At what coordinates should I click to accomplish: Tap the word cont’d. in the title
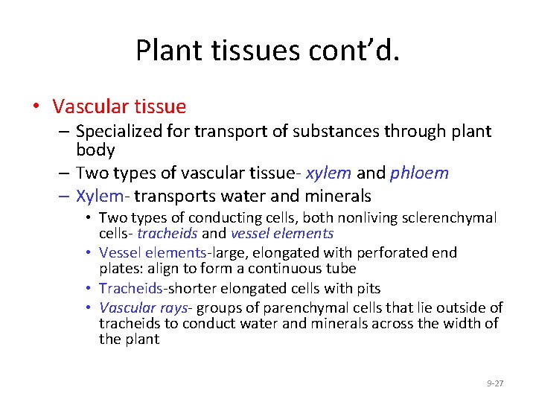pyautogui.click(x=361, y=51)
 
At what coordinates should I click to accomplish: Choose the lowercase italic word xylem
pyautogui.click(x=328, y=173)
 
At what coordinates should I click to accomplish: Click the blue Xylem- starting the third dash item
pyautogui.click(x=98, y=197)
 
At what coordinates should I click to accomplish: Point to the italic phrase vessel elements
pyautogui.click(x=289, y=234)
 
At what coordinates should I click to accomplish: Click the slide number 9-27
pyautogui.click(x=495, y=383)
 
